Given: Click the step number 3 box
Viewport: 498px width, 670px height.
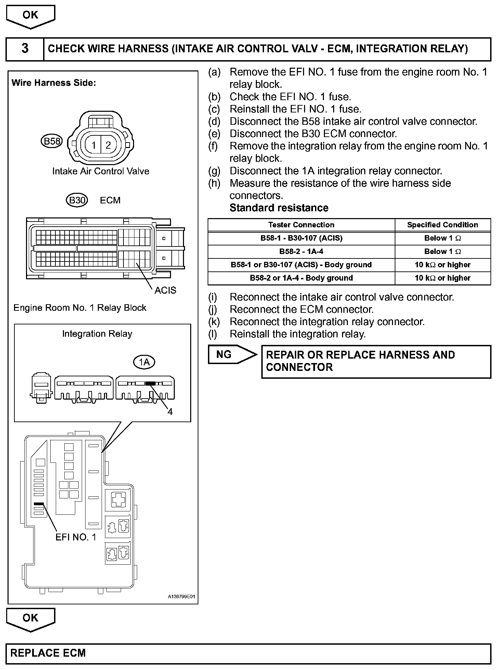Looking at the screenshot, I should click(25, 49).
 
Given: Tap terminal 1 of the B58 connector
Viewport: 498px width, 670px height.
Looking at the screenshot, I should click(93, 146).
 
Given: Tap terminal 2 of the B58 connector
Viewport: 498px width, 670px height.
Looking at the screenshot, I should click(108, 146).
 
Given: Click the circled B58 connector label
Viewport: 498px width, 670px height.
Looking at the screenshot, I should click(51, 141).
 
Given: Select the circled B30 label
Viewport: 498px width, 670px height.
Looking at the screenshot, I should click(77, 200).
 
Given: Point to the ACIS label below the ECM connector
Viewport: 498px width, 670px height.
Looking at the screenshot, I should click(165, 290).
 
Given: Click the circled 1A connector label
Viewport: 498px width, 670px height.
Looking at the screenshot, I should click(144, 362).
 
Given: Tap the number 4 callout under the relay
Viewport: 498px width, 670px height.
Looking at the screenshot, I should click(170, 412).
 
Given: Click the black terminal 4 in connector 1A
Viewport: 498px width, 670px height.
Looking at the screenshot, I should click(150, 384).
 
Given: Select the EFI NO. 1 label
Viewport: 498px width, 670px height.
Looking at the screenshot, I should click(76, 537).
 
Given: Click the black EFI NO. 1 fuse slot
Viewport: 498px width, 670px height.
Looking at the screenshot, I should click(39, 504).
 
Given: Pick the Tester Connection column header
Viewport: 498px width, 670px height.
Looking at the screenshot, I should click(301, 225).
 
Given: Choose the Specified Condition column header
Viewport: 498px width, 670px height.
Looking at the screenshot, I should click(442, 225).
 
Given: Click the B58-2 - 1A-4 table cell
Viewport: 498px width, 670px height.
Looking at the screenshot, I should click(301, 252).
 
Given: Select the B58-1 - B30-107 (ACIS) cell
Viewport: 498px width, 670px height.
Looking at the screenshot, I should click(301, 238).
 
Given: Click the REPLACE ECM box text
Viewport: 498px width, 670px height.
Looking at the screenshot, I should click(48, 653).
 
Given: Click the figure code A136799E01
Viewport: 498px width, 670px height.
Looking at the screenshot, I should click(181, 597).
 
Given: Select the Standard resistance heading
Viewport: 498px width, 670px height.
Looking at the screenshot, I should click(279, 208).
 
